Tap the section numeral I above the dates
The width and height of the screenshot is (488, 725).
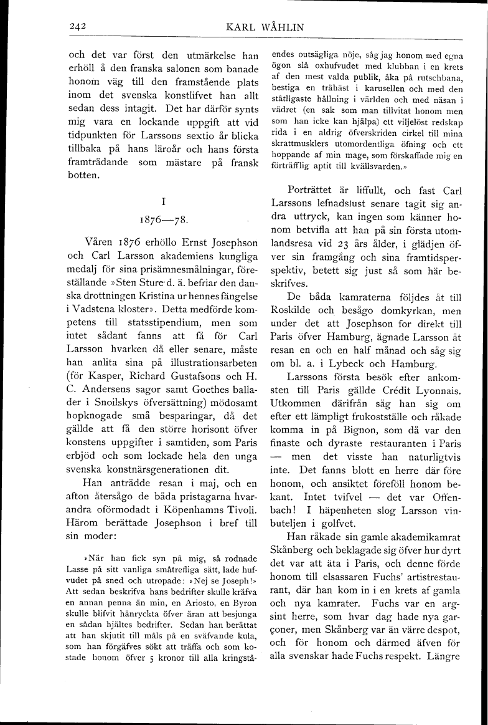pos(163,201)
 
